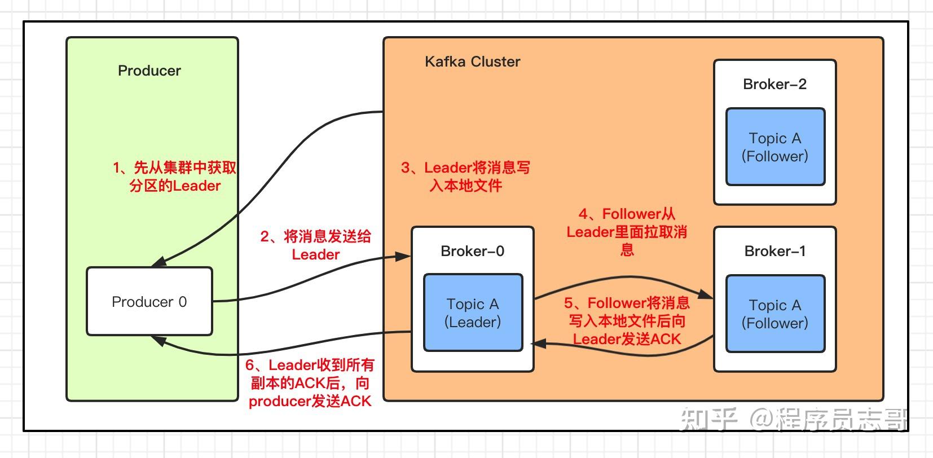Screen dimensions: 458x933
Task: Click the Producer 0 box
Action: pos(149,302)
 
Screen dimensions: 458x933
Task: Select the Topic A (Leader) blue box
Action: pos(473,313)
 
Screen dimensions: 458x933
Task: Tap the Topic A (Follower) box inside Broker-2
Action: pos(774,147)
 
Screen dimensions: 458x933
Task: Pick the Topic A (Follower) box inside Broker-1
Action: pos(774,314)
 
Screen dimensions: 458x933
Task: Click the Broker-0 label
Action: pos(472,251)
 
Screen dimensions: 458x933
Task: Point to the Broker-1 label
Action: pos(774,251)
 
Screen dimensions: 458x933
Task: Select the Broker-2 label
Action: pos(774,84)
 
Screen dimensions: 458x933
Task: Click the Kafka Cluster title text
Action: pos(472,61)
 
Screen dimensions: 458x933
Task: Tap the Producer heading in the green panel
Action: pos(149,71)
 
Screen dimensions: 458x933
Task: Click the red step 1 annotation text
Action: pos(174,177)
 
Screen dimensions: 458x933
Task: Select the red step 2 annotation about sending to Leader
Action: pos(315,245)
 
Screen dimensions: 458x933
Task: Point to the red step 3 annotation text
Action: pos(465,177)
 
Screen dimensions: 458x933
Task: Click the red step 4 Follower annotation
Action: pos(627,231)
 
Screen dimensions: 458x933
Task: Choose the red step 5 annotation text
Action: pos(627,321)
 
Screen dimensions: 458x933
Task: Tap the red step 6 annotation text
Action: pos(310,383)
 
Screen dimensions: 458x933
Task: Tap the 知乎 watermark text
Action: pos(708,419)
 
